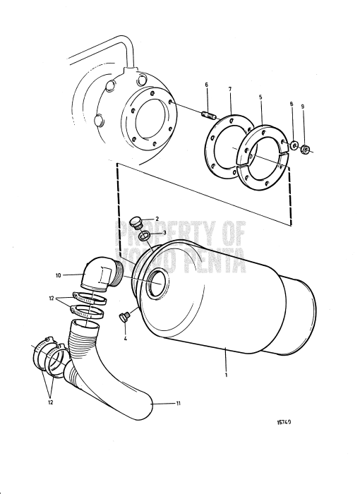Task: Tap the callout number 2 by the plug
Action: (157, 219)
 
